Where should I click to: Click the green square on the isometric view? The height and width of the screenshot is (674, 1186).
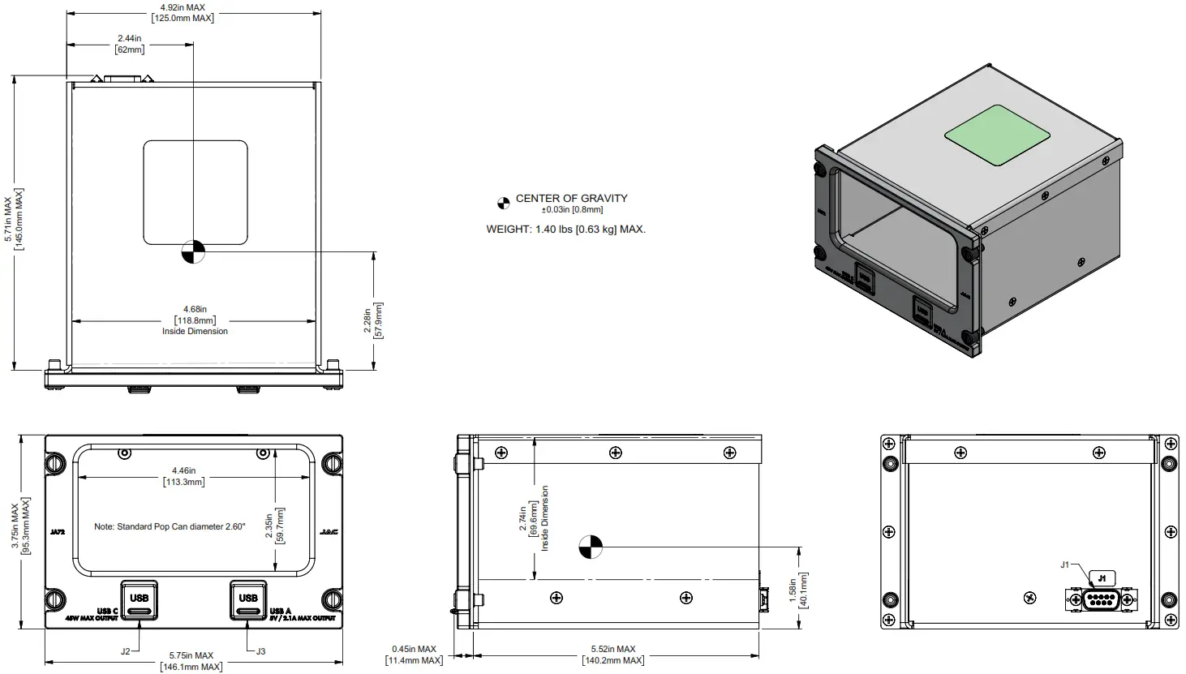tap(999, 135)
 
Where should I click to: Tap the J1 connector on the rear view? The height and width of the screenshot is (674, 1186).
tap(1100, 600)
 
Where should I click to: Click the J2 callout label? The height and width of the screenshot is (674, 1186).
tap(126, 650)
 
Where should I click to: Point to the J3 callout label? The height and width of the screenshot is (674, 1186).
tap(260, 650)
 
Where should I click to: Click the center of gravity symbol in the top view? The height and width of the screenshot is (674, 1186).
tap(194, 252)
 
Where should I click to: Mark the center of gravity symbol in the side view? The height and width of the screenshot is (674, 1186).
tap(591, 548)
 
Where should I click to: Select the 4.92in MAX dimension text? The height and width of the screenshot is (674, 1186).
tap(183, 12)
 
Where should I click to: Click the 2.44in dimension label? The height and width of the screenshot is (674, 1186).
tap(130, 44)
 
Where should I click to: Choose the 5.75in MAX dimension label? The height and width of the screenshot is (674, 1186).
tap(191, 661)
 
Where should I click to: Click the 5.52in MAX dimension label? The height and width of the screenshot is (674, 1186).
tap(613, 655)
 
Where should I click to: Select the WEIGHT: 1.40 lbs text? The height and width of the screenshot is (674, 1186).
tap(565, 230)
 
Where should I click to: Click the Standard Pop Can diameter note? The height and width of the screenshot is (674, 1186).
tap(170, 526)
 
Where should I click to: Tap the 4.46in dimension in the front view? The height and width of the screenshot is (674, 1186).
tap(183, 476)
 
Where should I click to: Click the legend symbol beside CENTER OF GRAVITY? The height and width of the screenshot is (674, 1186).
tap(504, 200)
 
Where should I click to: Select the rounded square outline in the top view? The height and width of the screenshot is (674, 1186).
tap(196, 192)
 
